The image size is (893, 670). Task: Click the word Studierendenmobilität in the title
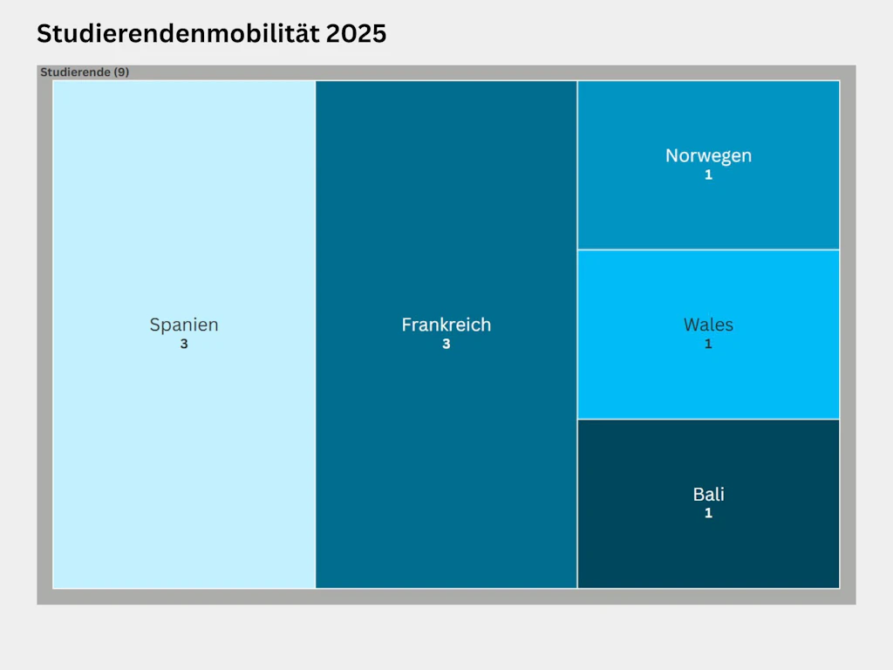point(177,34)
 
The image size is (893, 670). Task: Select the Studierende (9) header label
point(85,72)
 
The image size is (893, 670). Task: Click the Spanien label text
point(184,325)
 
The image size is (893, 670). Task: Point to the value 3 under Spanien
point(184,344)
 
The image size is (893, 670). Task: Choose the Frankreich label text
point(446,325)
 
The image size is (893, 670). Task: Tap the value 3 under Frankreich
point(446,344)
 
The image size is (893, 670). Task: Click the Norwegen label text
point(708,155)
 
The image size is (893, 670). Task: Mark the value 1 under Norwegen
point(708,174)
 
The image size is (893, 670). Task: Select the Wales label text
point(708,325)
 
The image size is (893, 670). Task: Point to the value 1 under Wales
point(708,344)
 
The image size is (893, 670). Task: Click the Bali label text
point(708,494)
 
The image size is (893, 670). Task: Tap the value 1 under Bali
point(708,513)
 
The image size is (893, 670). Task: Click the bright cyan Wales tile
point(645,375)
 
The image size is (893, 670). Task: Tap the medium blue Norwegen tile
point(645,209)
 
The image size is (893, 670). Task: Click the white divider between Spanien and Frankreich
point(315,436)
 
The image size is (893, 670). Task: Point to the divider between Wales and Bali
point(708,419)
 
